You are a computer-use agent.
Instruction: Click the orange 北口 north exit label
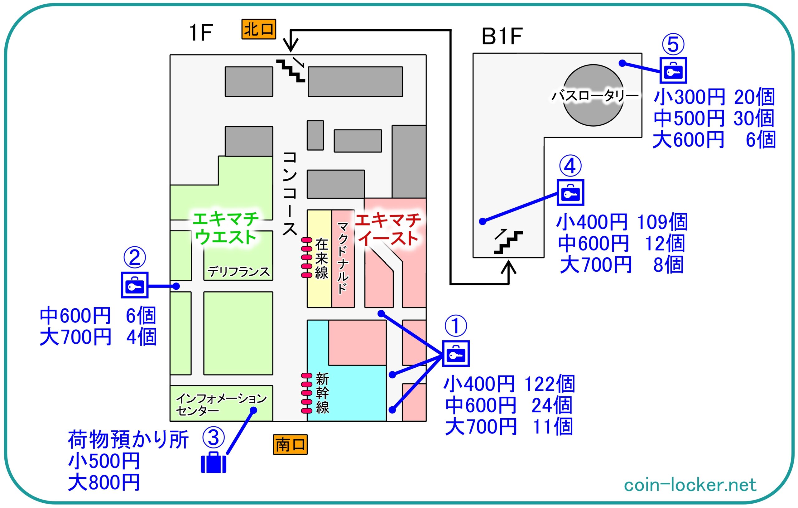pyautogui.click(x=258, y=29)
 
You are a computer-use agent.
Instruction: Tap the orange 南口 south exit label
pyautogui.click(x=290, y=444)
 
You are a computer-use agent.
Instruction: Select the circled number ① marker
pyautogui.click(x=456, y=326)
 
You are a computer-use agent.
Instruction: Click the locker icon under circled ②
pyautogui.click(x=135, y=285)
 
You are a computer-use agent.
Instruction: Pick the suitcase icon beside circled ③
pyautogui.click(x=214, y=462)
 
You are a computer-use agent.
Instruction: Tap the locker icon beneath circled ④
pyautogui.click(x=570, y=193)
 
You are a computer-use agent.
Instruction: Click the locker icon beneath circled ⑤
pyautogui.click(x=673, y=70)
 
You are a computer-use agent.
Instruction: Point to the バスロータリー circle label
pyautogui.click(x=594, y=96)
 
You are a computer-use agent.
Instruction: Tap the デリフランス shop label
pyautogui.click(x=238, y=272)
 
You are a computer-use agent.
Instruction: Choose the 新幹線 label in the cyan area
pyautogui.click(x=322, y=393)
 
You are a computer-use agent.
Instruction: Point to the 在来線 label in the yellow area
pyautogui.click(x=321, y=259)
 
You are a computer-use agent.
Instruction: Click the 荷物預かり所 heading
pyautogui.click(x=128, y=440)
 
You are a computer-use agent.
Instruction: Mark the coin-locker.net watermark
pyautogui.click(x=690, y=485)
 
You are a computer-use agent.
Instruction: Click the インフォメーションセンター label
pyautogui.click(x=221, y=404)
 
